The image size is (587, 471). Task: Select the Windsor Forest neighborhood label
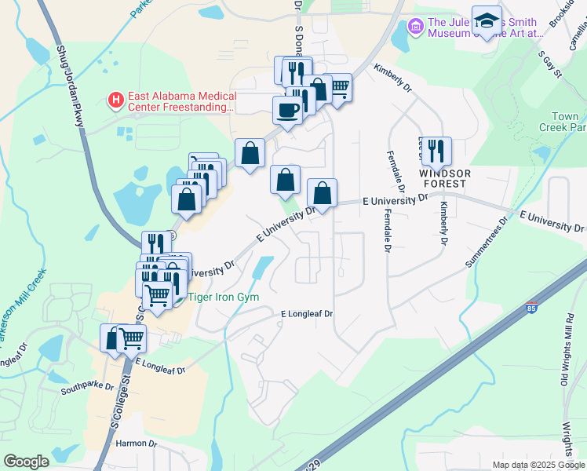[x=444, y=178]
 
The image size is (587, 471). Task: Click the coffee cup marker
[x=287, y=110]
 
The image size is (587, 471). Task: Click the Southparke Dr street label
[x=89, y=389]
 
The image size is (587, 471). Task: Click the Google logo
[x=26, y=462]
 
